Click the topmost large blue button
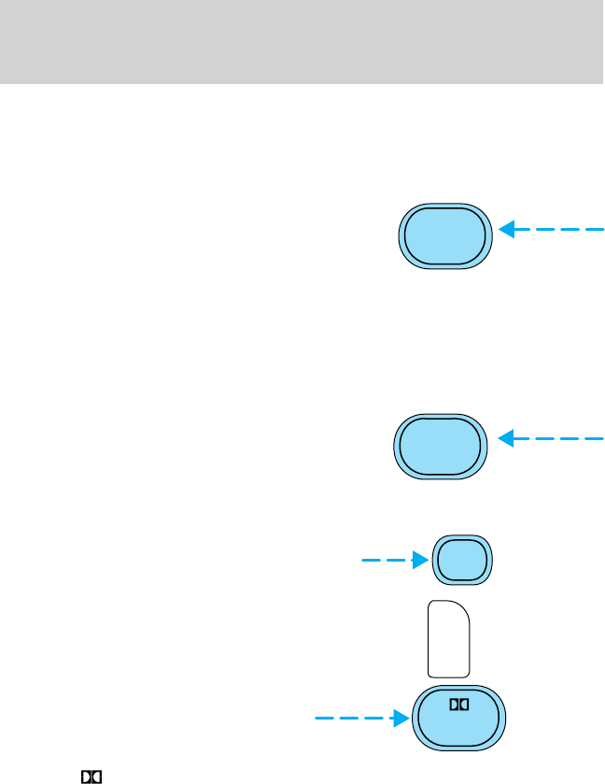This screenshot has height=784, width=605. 444,236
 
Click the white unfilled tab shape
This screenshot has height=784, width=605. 449,639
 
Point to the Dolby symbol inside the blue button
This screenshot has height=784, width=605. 457,706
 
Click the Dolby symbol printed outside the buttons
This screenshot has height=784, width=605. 91,777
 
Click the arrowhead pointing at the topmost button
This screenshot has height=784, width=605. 509,229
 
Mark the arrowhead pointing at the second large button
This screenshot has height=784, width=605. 509,437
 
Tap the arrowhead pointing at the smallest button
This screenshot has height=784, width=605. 419,561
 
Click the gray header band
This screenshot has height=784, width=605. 302,42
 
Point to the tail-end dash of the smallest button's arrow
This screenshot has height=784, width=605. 369,561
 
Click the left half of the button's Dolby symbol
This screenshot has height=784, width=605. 453,706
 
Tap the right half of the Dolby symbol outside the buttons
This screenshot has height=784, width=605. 95,777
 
